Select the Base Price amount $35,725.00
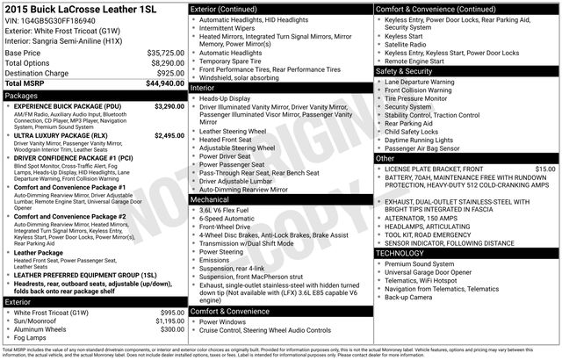(x=164, y=53)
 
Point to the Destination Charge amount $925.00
(x=169, y=74)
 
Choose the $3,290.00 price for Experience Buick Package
(x=169, y=105)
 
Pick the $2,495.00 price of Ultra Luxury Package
(x=169, y=136)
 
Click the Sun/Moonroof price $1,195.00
(x=167, y=321)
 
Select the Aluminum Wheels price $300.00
(x=171, y=329)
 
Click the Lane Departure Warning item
(x=419, y=82)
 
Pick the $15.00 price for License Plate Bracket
(x=544, y=168)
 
